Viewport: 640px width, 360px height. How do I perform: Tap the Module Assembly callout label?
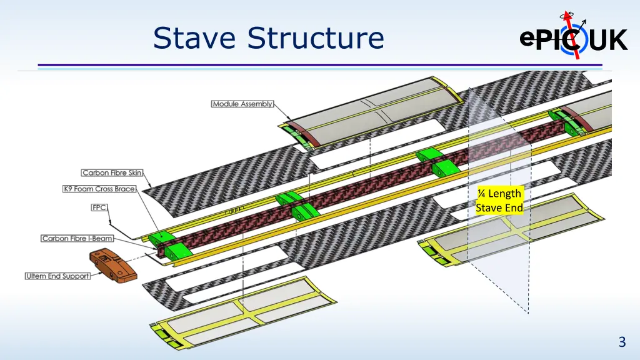pyautogui.click(x=242, y=104)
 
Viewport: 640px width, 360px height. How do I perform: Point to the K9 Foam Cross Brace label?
pyautogui.click(x=99, y=189)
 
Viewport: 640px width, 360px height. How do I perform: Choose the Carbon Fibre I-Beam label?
pyautogui.click(x=77, y=238)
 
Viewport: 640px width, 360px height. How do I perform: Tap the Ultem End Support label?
pyautogui.click(x=58, y=276)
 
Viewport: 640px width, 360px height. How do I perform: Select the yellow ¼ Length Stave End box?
pyautogui.click(x=499, y=201)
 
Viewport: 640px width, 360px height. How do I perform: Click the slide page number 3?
pyautogui.click(x=621, y=342)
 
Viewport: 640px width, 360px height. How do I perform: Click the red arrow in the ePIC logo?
pyautogui.click(x=574, y=34)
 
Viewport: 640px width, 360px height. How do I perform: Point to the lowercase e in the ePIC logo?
pyautogui.click(x=526, y=39)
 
